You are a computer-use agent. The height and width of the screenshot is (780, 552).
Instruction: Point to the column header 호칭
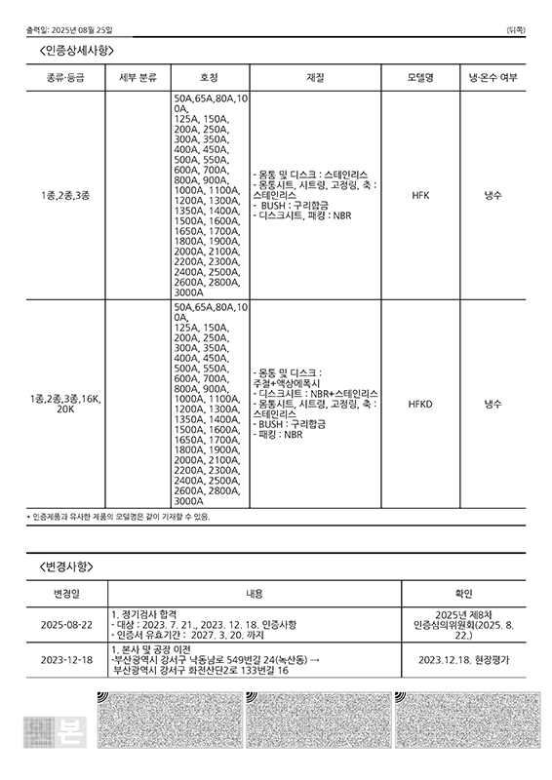[209, 77]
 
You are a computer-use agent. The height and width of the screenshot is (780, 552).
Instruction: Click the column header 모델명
[420, 77]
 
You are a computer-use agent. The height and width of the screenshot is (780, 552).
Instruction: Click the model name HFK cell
[420, 195]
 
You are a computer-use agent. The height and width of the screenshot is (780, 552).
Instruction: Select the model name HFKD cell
[420, 403]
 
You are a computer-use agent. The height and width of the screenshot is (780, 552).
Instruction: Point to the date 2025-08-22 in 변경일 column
[67, 624]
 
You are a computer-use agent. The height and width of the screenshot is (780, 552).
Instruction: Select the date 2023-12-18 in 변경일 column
[67, 660]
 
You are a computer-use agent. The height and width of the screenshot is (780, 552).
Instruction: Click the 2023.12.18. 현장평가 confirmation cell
[463, 660]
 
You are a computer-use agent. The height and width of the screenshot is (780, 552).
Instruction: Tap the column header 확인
[463, 593]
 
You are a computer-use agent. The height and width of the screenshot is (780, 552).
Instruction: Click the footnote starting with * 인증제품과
[118, 516]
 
